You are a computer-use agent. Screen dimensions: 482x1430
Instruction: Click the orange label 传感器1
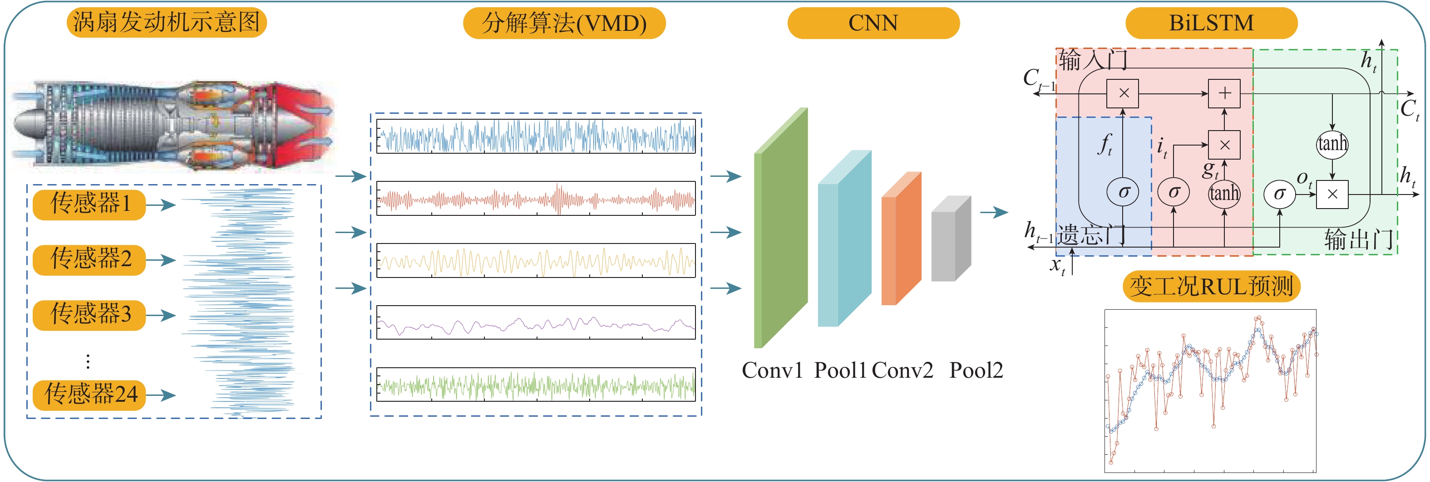[x=89, y=204]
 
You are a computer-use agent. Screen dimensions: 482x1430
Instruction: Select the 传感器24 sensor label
[x=89, y=395]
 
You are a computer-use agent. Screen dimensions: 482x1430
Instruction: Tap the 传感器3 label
[x=89, y=315]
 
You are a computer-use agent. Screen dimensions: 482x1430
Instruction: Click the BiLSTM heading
[x=1211, y=23]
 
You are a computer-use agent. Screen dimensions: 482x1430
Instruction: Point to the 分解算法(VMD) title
[x=564, y=23]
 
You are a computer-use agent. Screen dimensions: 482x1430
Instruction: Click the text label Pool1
[x=840, y=370]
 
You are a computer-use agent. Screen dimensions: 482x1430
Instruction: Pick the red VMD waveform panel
[x=536, y=199]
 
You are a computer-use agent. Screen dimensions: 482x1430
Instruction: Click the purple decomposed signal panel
[x=536, y=322]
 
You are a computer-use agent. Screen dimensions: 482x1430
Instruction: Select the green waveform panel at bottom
[x=536, y=385]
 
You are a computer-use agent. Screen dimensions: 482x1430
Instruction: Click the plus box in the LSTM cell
[x=1224, y=93]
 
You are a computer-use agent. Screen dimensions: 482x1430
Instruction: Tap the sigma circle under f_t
[x=1123, y=192]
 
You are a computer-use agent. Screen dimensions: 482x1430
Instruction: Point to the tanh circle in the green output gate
[x=1332, y=144]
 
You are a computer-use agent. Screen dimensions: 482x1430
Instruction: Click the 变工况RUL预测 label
[x=1211, y=287]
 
